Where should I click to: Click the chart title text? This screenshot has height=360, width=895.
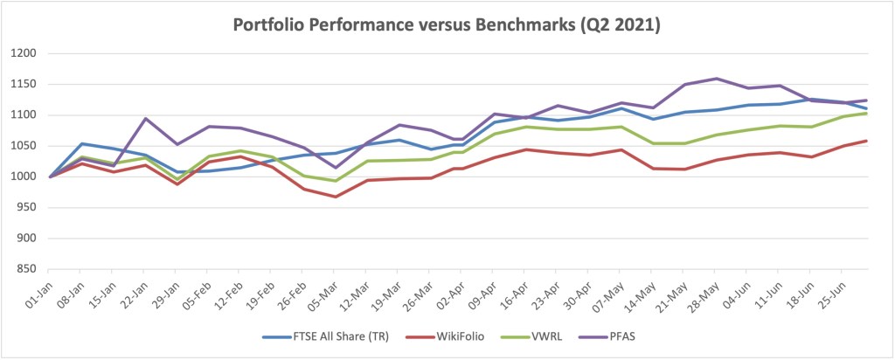coord(447,25)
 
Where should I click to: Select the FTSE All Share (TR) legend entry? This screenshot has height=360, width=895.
coord(320,336)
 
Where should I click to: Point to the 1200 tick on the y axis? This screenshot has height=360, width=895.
coord(24,54)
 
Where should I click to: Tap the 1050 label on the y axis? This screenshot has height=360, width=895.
coord(24,146)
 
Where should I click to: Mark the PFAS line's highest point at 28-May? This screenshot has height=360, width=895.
coord(717,79)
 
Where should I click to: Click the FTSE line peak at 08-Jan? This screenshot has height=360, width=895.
coord(81,144)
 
